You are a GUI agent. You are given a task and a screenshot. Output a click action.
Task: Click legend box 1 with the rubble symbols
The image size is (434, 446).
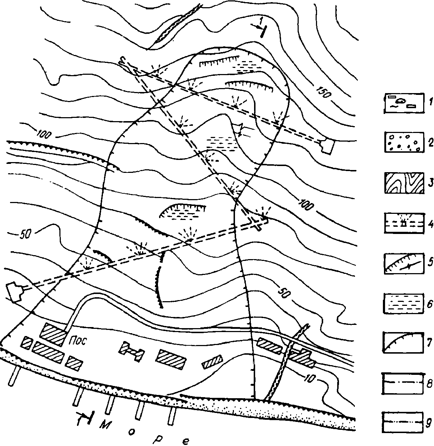pos(404,103)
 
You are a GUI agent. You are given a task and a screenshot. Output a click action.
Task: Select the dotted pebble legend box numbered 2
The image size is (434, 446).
pos(404,142)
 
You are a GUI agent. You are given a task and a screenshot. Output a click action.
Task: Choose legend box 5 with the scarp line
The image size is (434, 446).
pos(404,263)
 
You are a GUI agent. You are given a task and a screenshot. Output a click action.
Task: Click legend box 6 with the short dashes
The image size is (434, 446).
pos(403,303)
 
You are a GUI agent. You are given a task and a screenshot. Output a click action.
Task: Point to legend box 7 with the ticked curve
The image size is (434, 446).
pos(403,342)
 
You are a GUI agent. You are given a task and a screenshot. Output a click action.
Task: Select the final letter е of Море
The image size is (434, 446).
pos(186,441)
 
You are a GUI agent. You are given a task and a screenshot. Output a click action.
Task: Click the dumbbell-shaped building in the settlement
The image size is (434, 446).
pos(131,351)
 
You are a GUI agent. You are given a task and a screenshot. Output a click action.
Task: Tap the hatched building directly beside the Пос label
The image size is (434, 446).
pos(53,335)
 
